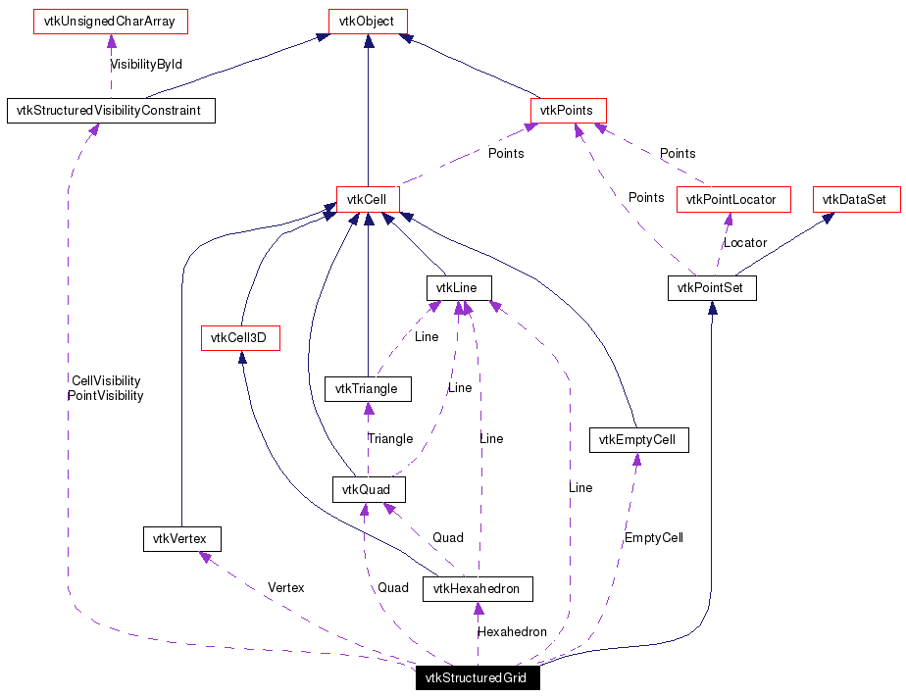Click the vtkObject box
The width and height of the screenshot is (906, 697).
[367, 21]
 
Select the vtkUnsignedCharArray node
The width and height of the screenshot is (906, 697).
[111, 21]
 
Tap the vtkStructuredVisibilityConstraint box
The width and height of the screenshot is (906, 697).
[110, 111]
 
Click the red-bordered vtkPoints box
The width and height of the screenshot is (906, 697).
[568, 111]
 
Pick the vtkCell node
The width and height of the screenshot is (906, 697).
[367, 199]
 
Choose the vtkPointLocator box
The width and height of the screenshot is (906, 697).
[731, 199]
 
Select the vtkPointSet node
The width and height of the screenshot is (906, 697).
[712, 288]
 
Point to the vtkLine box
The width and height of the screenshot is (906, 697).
[458, 288]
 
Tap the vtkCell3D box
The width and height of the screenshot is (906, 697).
[239, 339]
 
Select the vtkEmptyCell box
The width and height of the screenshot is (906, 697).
[638, 440]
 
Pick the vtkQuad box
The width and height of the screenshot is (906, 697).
[368, 488]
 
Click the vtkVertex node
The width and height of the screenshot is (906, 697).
[181, 538]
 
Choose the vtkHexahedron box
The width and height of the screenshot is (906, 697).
[478, 589]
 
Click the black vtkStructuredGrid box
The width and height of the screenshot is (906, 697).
[477, 677]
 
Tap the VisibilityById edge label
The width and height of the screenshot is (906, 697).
[146, 64]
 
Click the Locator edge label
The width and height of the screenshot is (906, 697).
[744, 242]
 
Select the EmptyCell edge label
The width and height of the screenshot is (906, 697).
[653, 537]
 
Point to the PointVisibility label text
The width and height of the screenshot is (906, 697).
[105, 396]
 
